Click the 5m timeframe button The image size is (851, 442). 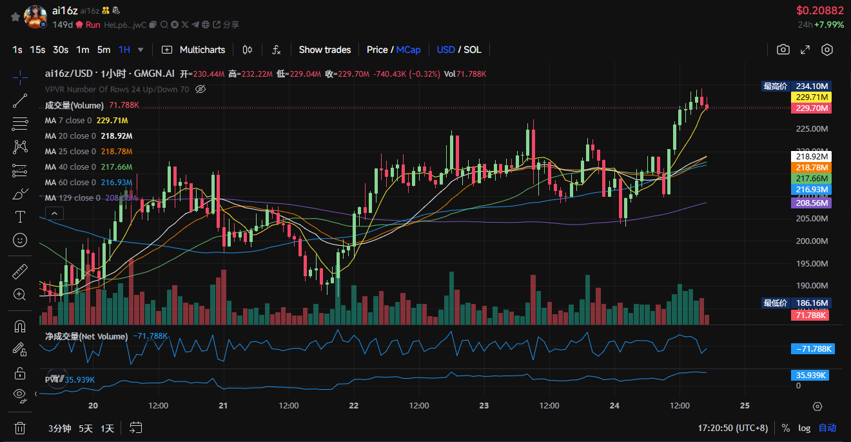[x=104, y=50]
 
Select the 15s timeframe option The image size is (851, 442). [x=37, y=50]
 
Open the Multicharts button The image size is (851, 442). [x=194, y=50]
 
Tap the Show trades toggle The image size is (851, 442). [x=325, y=50]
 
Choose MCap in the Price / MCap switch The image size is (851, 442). [x=408, y=50]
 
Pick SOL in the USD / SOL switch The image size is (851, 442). [x=473, y=50]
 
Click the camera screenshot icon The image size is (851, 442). [x=783, y=50]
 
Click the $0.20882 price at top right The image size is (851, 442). [x=819, y=10]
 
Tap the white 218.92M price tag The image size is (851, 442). [x=812, y=156]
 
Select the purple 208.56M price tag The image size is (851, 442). [x=812, y=203]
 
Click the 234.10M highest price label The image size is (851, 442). [x=812, y=86]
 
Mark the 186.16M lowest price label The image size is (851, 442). [x=812, y=303]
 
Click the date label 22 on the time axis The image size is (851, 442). [x=353, y=406]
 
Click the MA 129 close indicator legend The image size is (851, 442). [x=72, y=198]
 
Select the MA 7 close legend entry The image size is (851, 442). [x=68, y=121]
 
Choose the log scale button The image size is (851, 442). [x=804, y=428]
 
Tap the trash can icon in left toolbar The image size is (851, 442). [x=20, y=427]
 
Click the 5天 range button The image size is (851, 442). [x=86, y=428]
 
